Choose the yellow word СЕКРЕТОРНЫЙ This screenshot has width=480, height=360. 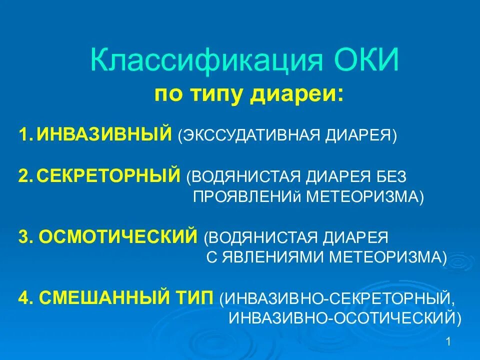108,176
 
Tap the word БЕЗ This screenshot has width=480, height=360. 389,176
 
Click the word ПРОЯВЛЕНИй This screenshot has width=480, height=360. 247,196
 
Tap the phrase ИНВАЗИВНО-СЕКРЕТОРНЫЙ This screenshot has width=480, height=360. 340,299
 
